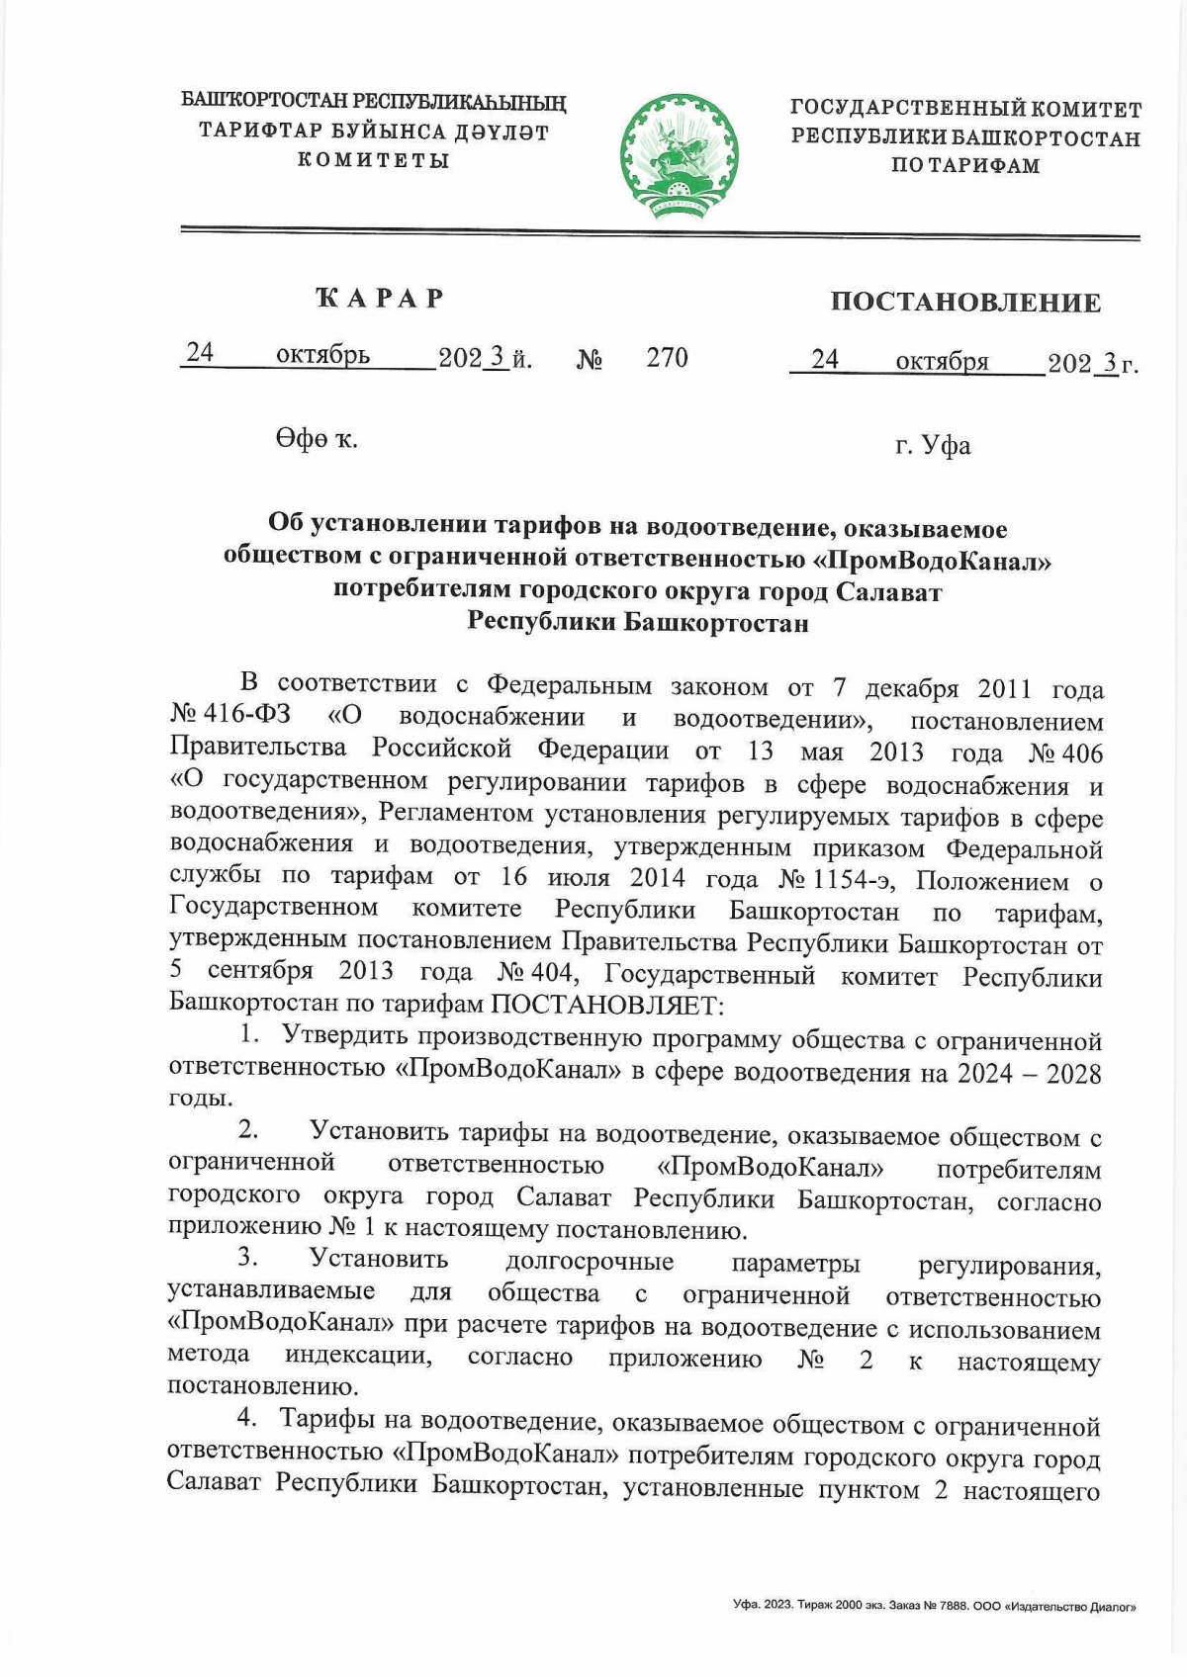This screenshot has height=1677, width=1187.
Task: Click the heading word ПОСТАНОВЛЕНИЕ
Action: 965,302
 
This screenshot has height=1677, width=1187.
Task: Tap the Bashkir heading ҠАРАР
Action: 379,299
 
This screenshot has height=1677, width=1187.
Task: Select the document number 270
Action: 667,357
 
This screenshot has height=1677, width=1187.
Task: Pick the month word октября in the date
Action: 942,362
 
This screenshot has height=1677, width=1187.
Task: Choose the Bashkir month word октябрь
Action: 323,355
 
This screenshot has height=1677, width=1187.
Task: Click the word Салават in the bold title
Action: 889,591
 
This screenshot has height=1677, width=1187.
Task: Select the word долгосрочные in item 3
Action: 589,1262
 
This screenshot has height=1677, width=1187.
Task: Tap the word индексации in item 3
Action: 358,1356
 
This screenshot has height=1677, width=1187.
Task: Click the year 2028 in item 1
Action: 1074,1074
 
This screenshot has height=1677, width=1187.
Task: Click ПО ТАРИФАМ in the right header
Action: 964,166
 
